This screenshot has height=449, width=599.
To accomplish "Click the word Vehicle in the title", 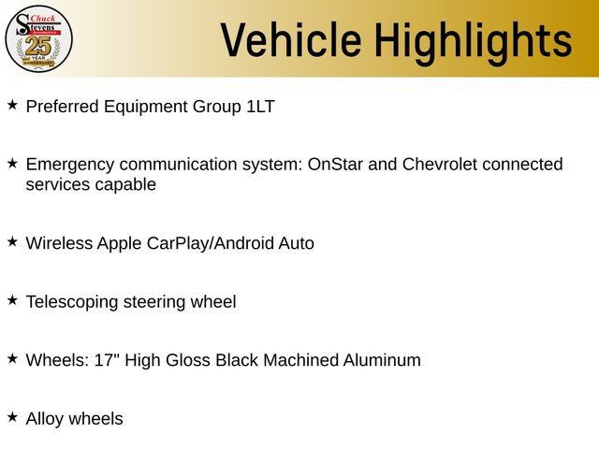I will click(x=291, y=41).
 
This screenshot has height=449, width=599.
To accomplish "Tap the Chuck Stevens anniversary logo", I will click(x=38, y=38).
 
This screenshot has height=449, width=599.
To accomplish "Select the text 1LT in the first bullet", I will click(x=260, y=107).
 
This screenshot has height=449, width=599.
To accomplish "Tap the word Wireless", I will click(x=59, y=243).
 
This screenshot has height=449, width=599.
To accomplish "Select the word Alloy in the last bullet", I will click(x=45, y=419).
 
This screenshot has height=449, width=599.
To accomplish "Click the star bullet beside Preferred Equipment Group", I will click(x=12, y=105).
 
